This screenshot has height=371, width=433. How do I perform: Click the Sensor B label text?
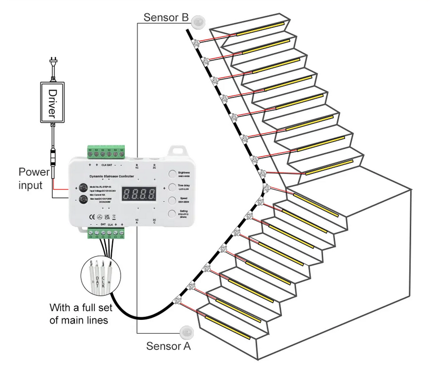(x=166, y=18)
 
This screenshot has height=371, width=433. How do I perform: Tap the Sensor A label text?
(x=168, y=346)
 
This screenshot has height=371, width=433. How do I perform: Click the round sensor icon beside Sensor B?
(x=199, y=21)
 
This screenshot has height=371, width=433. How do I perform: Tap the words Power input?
(x=34, y=178)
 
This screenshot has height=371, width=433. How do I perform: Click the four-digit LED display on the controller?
(x=139, y=194)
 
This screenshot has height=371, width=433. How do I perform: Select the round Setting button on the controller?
(x=173, y=214)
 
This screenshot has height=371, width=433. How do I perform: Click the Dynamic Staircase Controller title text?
(x=113, y=175)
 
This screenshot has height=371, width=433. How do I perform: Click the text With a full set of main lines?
(x=80, y=314)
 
